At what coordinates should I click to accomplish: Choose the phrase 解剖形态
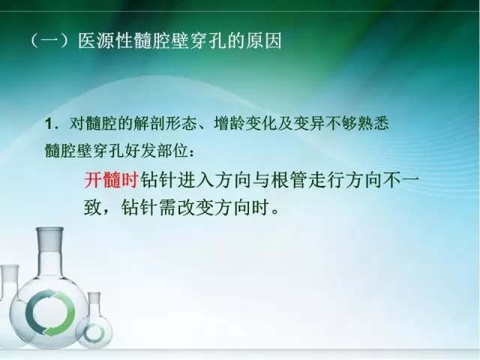coord(177,121)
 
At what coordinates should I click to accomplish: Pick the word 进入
coord(195,182)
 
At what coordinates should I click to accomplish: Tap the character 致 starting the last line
coord(93,206)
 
